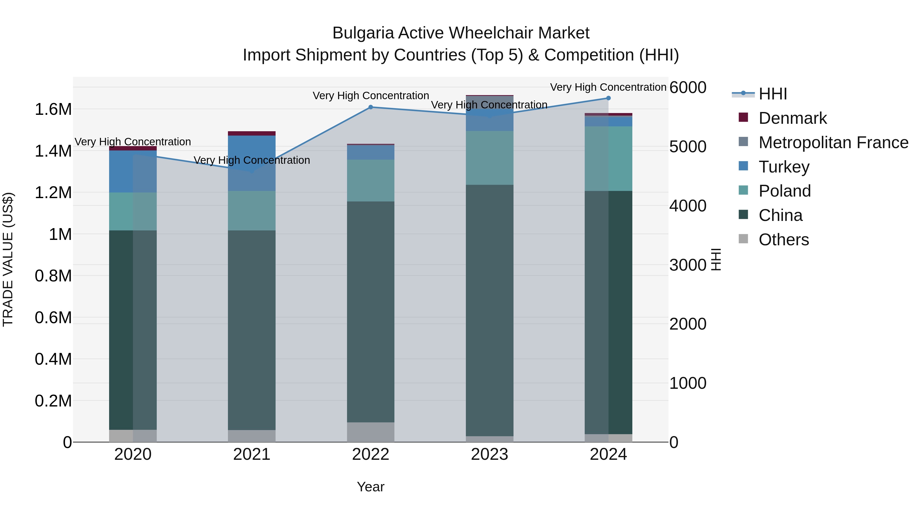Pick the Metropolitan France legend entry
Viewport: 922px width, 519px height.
click(x=833, y=143)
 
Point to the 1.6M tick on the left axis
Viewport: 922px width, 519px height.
click(x=53, y=109)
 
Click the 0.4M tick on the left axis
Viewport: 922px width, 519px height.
click(x=53, y=359)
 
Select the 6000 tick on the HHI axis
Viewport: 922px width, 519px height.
click(x=688, y=87)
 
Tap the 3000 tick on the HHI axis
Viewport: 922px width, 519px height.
click(x=688, y=265)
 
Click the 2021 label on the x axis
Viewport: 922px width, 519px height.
click(x=252, y=454)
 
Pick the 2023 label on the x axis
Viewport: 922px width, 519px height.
click(x=489, y=454)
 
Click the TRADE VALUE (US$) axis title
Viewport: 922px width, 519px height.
click(x=8, y=259)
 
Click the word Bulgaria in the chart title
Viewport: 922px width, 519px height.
click(x=363, y=33)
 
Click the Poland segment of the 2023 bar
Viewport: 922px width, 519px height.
click(x=489, y=158)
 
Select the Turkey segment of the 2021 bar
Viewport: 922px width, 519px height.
click(x=252, y=163)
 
